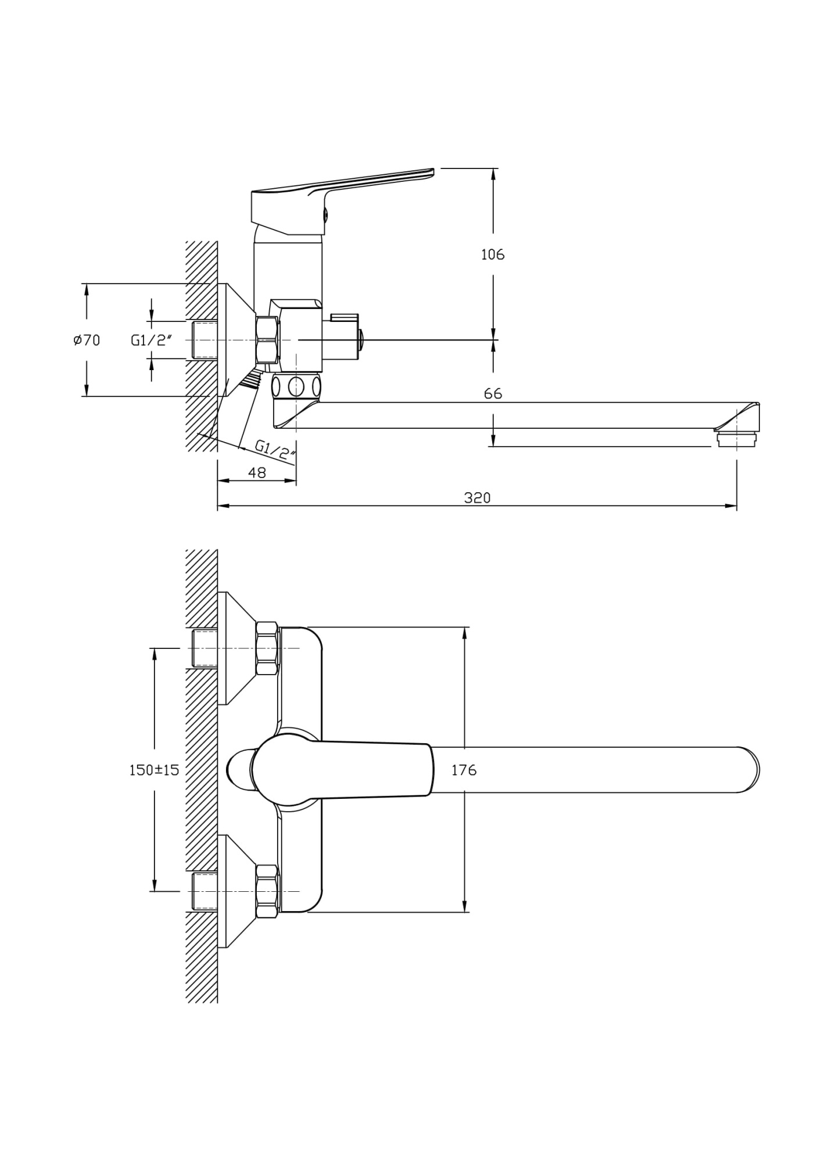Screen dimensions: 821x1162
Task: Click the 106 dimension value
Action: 493,254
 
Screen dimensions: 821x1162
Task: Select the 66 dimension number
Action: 493,394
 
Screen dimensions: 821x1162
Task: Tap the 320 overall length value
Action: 477,497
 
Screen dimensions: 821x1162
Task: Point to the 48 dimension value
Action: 257,473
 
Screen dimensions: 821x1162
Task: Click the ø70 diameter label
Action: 87,340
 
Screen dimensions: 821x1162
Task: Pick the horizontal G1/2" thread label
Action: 151,340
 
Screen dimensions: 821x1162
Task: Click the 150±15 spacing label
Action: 154,770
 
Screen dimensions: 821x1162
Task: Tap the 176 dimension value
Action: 464,770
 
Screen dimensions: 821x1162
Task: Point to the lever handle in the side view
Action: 343,200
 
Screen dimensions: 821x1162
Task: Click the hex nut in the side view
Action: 267,340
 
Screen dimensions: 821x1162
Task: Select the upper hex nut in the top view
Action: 267,648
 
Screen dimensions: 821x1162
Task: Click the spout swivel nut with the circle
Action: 296,386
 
